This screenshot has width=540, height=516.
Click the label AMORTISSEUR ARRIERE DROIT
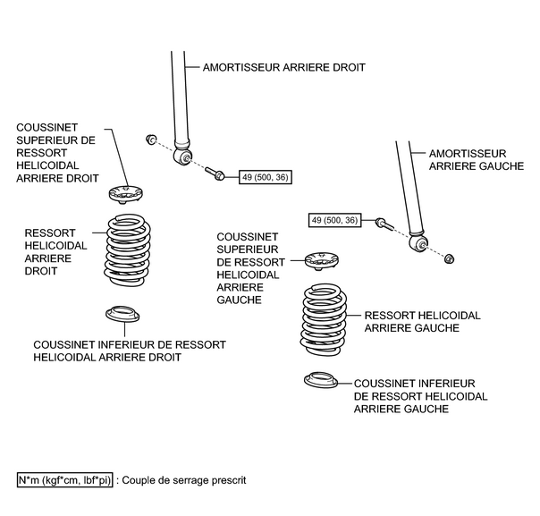(x=284, y=67)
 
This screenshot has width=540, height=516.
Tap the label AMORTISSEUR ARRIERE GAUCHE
(x=475, y=160)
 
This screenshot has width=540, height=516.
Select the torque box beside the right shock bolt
(x=265, y=179)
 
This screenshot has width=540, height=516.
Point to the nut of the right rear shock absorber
(x=152, y=139)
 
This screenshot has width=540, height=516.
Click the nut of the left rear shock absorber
(x=450, y=259)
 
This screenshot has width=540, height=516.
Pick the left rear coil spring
(x=327, y=319)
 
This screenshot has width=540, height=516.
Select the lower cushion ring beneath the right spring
(x=122, y=316)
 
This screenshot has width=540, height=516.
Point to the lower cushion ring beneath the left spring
(x=322, y=380)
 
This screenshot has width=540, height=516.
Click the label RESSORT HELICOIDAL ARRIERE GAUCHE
(x=423, y=322)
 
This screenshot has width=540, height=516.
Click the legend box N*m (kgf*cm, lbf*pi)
(x=65, y=480)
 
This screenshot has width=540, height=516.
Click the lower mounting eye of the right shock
(x=186, y=158)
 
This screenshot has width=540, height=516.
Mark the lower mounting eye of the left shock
(x=416, y=242)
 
